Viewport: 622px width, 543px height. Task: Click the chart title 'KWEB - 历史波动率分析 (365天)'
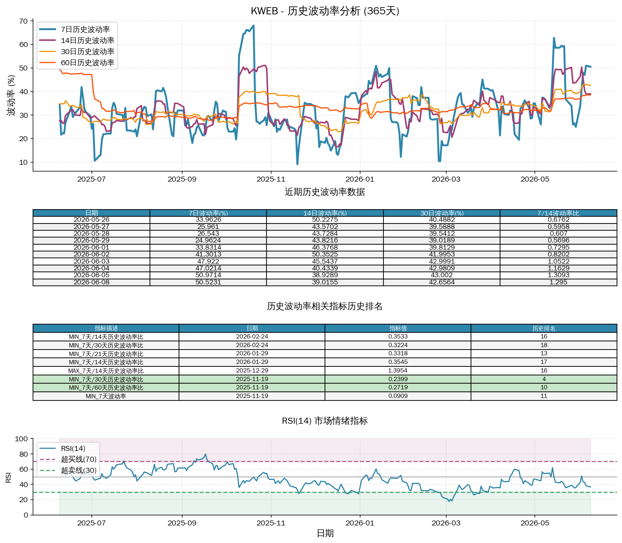tap(325, 11)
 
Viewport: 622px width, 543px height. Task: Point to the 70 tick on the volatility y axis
tap(23, 21)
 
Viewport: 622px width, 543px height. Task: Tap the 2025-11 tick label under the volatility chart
tap(271, 179)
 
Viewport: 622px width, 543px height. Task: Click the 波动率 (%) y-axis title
tap(12, 95)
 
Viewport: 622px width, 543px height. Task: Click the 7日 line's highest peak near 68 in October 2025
tap(254, 25)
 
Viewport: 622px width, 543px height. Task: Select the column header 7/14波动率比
tap(558, 213)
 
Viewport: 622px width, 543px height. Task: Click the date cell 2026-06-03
tap(91, 261)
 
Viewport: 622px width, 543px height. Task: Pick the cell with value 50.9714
tap(208, 275)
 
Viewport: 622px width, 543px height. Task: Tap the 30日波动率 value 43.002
tap(442, 275)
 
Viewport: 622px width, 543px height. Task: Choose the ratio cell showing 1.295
tap(558, 282)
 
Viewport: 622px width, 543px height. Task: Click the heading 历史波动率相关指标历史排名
tap(325, 306)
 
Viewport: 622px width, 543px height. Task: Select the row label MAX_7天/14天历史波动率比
tap(106, 371)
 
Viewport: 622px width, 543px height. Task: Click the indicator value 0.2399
tap(398, 379)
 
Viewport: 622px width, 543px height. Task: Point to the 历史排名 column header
tap(544, 328)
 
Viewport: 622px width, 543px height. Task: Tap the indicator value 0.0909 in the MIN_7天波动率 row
tap(398, 396)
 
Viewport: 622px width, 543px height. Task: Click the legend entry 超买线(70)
tap(79, 459)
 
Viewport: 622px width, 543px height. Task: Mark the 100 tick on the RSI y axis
tap(21, 439)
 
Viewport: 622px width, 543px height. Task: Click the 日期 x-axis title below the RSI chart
tap(325, 533)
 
